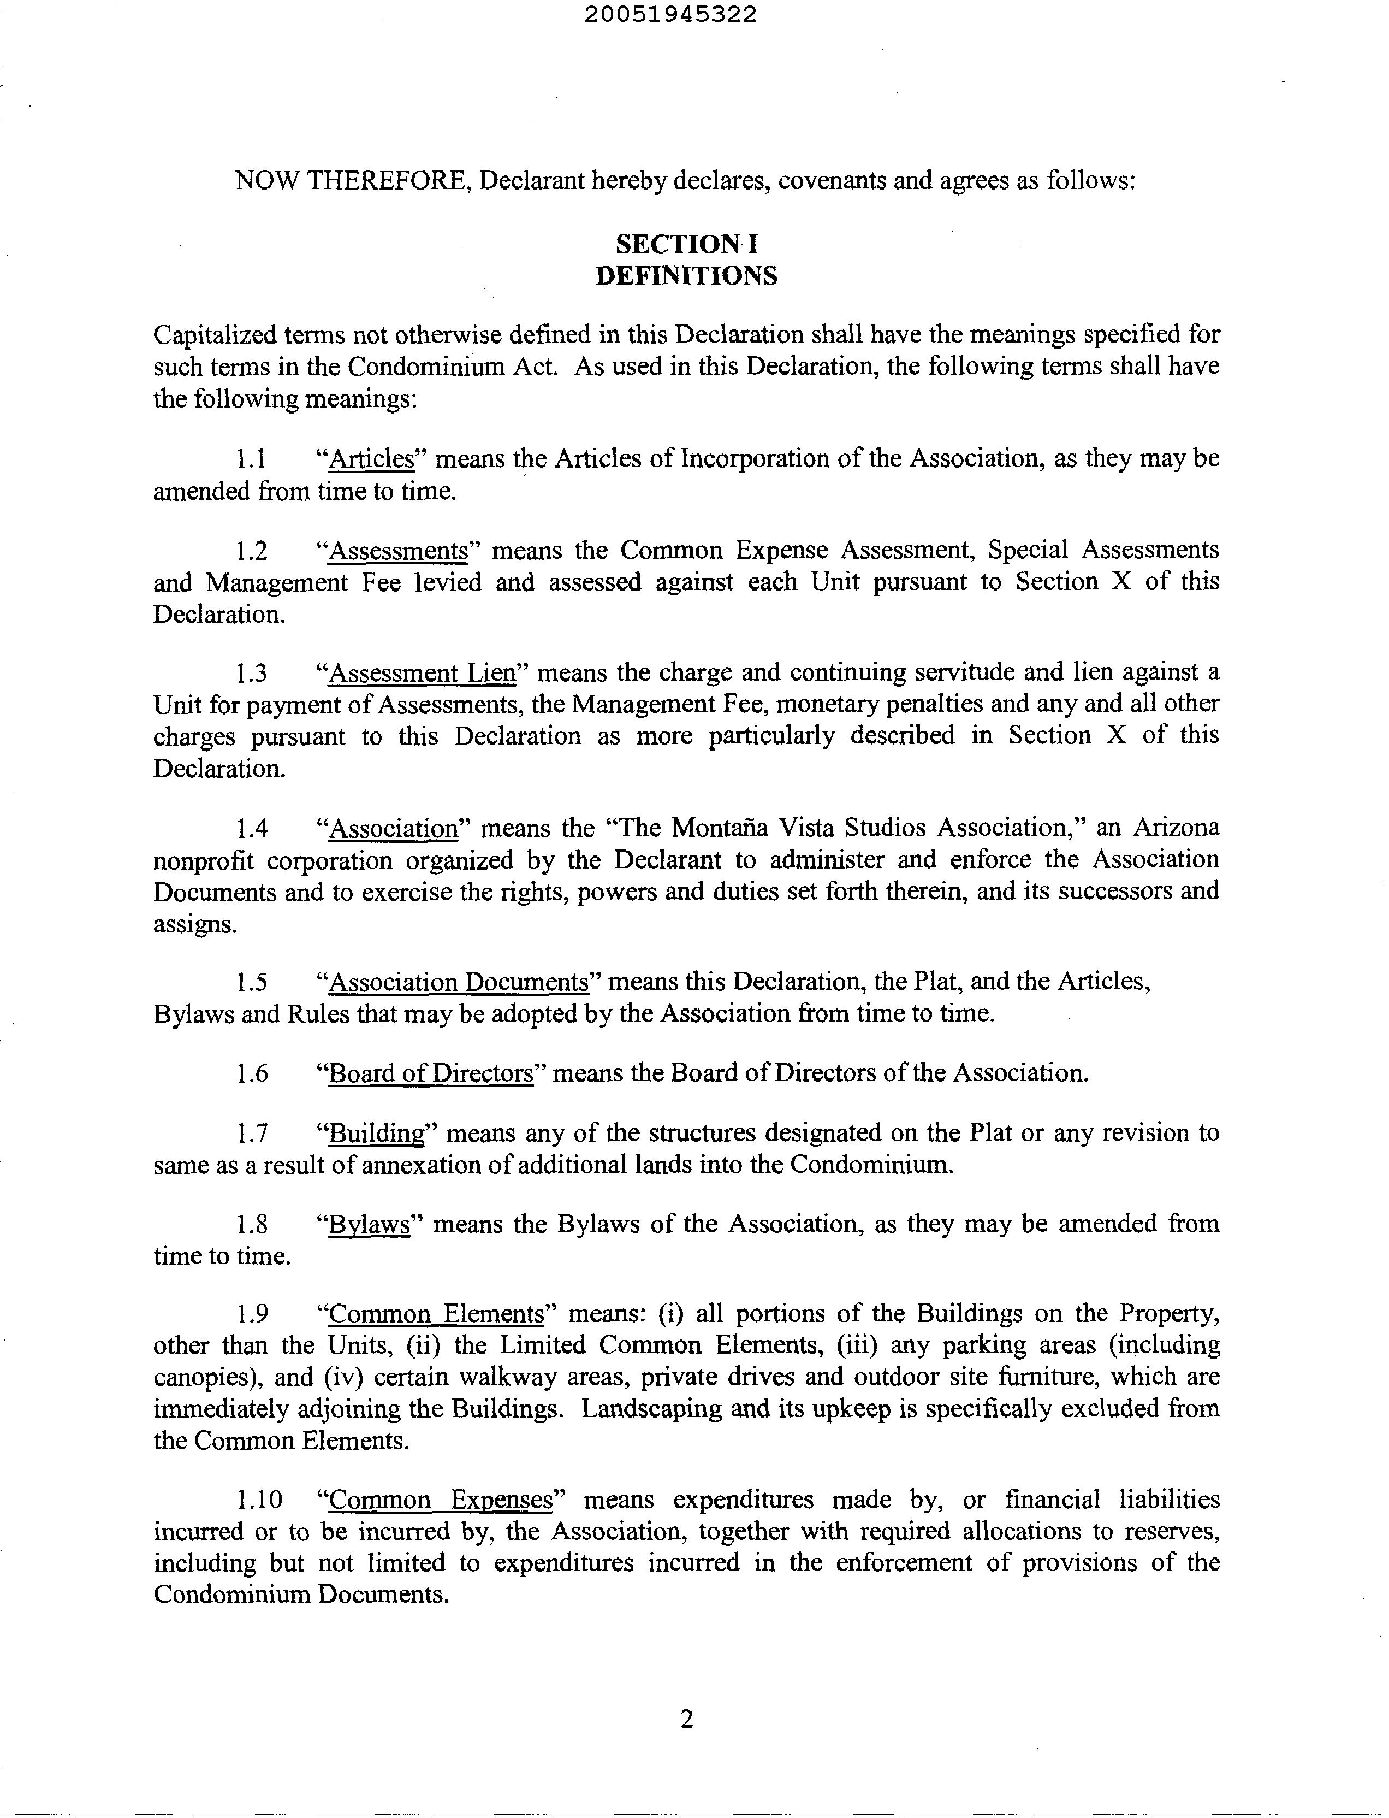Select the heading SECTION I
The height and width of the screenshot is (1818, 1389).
(686, 244)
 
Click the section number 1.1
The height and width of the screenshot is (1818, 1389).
(251, 459)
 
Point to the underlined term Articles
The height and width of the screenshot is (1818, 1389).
(371, 459)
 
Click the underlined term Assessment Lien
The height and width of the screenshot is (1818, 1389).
(422, 673)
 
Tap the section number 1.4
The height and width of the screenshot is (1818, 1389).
(251, 828)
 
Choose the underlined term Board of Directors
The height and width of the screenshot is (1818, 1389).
(431, 1073)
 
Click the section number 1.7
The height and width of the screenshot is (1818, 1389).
(251, 1133)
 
